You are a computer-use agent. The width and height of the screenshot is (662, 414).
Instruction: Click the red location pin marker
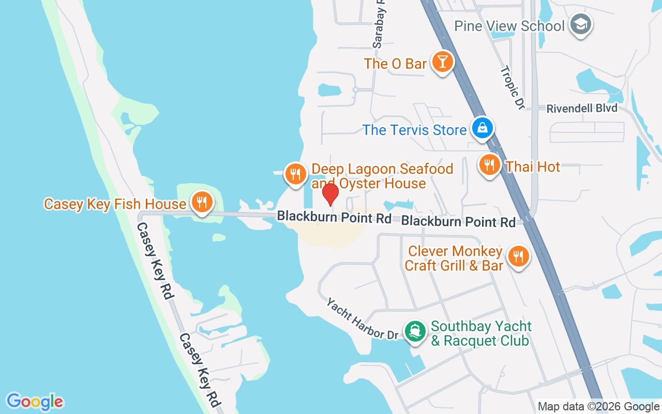[330, 194]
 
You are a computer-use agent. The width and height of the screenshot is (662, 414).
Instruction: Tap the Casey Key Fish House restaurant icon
[200, 201]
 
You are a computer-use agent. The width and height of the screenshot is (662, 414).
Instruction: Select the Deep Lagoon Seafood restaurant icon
[295, 174]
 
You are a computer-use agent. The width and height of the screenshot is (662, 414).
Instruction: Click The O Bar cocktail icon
[442, 62]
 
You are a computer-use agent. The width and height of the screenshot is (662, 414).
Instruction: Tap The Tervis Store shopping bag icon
[482, 128]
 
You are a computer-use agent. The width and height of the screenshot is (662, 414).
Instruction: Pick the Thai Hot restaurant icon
[489, 165]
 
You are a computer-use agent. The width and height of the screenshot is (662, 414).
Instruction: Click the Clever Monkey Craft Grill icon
[517, 256]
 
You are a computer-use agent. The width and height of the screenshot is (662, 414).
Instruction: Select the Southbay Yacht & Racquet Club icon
[415, 331]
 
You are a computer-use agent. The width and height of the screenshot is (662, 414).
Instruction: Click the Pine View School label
[509, 26]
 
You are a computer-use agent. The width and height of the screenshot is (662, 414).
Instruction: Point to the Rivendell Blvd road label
[582, 108]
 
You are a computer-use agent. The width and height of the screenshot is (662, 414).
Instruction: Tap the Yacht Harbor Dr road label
[362, 319]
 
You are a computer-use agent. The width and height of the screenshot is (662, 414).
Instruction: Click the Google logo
[35, 402]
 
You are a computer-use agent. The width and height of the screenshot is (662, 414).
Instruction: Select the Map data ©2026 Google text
[598, 407]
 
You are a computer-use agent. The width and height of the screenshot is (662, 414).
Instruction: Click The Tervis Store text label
[414, 130]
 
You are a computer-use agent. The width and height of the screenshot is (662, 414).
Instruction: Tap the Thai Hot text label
[533, 167]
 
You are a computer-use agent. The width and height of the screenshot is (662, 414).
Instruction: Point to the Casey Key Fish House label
[115, 204]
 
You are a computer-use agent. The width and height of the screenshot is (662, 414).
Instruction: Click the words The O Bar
[395, 64]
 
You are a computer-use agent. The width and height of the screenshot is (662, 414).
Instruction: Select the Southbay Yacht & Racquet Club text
[481, 334]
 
